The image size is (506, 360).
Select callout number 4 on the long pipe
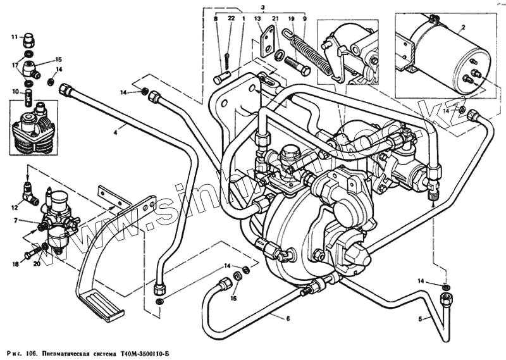click(x=115, y=132)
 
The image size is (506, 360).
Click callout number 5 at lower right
click(x=420, y=319)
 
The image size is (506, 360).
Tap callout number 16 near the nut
click(x=233, y=297)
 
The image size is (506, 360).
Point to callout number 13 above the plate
click(x=258, y=19)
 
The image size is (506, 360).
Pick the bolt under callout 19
click(x=295, y=65)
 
